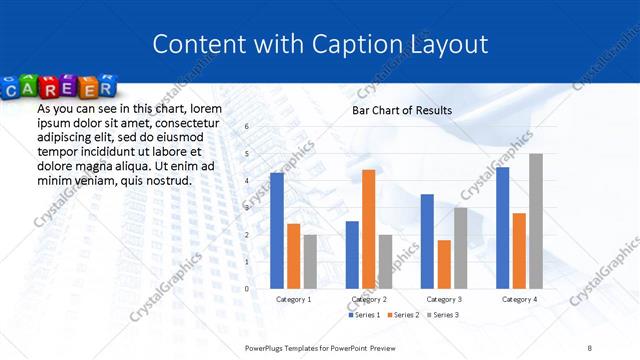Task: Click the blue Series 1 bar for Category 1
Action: point(277,231)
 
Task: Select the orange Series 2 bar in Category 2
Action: point(369,229)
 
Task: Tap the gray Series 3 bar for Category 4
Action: point(536,221)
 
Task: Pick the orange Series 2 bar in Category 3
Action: point(444,264)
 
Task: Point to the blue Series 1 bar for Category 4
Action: point(502,228)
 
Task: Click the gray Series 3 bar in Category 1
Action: point(310,262)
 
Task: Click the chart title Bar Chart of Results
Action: point(402,110)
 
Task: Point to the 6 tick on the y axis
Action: point(246,127)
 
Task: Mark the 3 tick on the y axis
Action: point(246,208)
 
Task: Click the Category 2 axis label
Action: point(369,299)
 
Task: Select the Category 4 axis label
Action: point(519,299)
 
